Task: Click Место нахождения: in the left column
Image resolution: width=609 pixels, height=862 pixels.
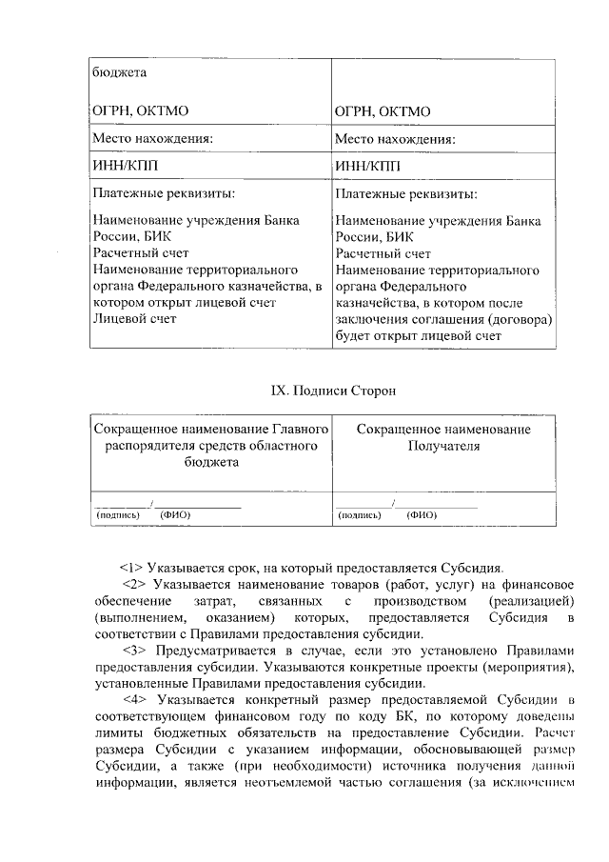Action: tap(152, 139)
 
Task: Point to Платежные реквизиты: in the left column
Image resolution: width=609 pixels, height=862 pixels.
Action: tap(163, 194)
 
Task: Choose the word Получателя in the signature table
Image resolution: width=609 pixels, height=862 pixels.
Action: tap(443, 445)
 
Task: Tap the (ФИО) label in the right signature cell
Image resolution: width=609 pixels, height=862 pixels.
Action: tap(422, 515)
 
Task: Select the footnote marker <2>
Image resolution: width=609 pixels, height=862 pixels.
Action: tap(137, 584)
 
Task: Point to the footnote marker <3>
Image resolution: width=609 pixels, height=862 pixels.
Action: tap(137, 651)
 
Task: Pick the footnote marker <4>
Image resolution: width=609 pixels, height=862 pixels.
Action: tap(137, 700)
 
